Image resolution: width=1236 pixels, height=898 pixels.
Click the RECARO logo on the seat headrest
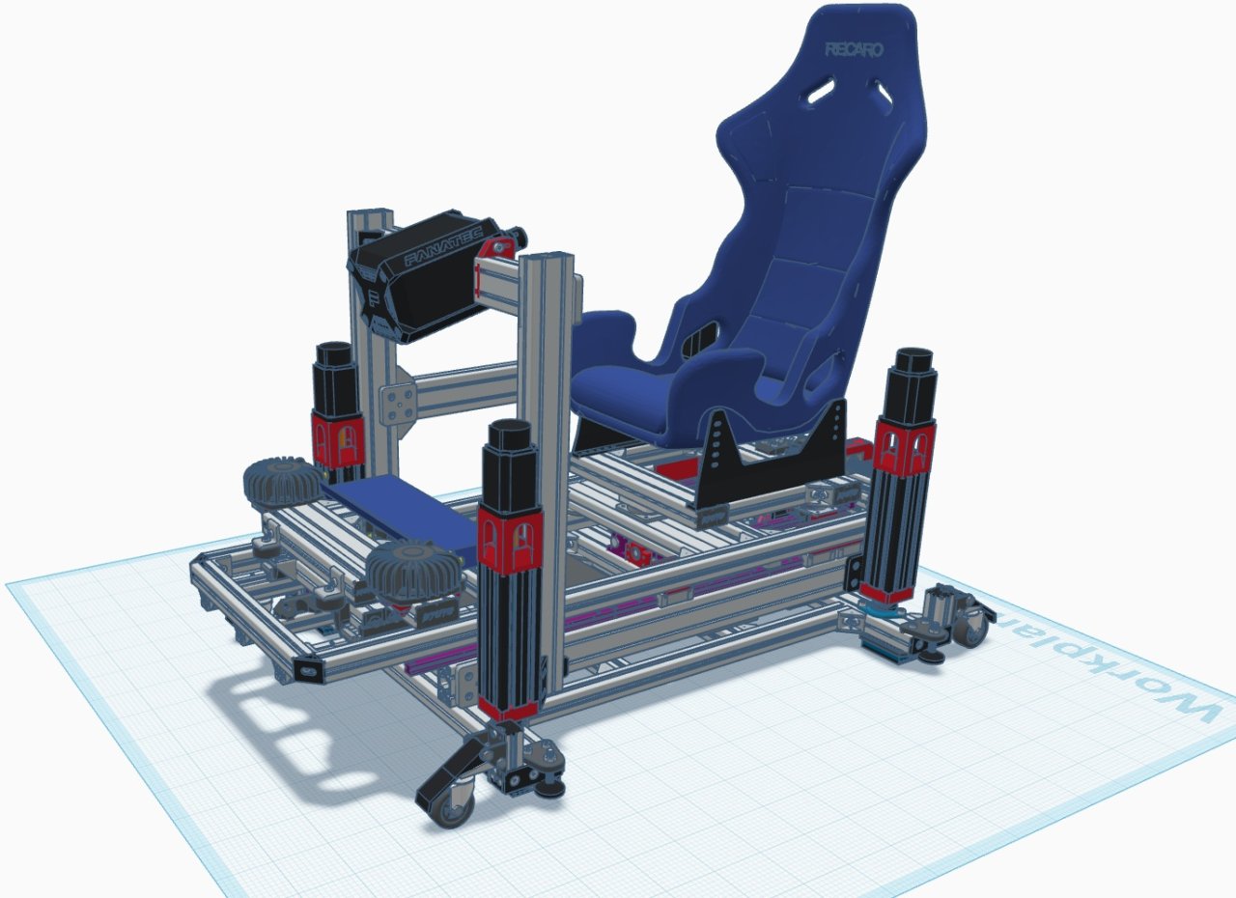coord(854,49)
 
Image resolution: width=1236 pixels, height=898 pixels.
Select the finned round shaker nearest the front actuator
coord(413,570)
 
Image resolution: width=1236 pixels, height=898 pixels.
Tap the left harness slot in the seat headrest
coord(821,92)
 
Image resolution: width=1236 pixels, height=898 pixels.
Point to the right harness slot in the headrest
coord(885,92)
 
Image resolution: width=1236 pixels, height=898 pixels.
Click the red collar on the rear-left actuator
coord(338,438)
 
